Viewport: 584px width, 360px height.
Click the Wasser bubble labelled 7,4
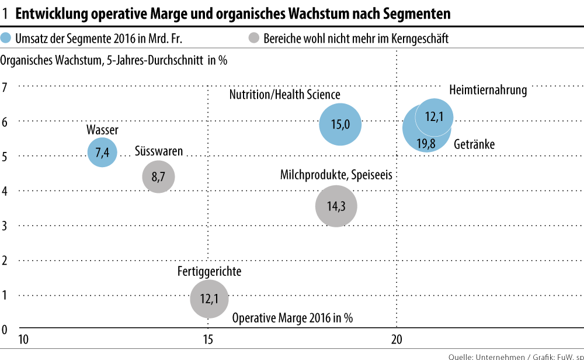(x=102, y=153)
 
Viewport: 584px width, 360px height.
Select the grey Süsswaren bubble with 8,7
(x=158, y=176)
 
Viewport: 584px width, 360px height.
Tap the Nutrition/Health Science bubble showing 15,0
(x=340, y=124)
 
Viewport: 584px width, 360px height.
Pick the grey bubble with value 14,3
(x=336, y=206)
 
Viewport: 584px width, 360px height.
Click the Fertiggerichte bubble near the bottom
(x=208, y=299)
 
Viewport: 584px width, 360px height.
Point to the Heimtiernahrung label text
(x=488, y=90)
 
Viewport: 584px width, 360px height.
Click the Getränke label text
(x=474, y=144)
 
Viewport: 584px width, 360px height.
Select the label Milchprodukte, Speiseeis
(x=336, y=175)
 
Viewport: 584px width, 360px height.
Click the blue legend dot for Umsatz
(x=7, y=39)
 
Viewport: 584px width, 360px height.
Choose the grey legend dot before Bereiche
(x=253, y=39)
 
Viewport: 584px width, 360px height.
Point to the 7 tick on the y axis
(x=5, y=87)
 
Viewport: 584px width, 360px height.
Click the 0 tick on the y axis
(x=5, y=329)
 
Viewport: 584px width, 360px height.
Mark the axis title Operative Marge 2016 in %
(x=293, y=319)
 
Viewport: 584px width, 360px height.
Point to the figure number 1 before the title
(x=5, y=13)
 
